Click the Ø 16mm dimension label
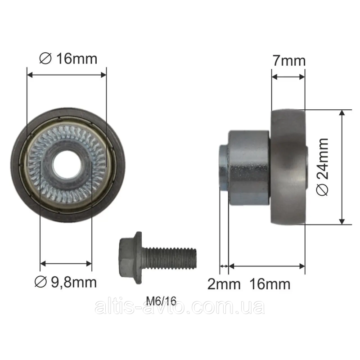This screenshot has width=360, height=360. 68,58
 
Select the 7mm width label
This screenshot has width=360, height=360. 289,61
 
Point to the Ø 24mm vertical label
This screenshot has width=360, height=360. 322,167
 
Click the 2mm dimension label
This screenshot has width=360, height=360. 224,284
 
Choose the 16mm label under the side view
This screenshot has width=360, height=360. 270,284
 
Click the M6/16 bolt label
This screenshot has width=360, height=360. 162,301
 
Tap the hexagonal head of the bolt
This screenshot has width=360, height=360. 130,257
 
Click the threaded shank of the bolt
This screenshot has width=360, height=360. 169,258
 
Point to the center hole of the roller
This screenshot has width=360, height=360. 67,165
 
